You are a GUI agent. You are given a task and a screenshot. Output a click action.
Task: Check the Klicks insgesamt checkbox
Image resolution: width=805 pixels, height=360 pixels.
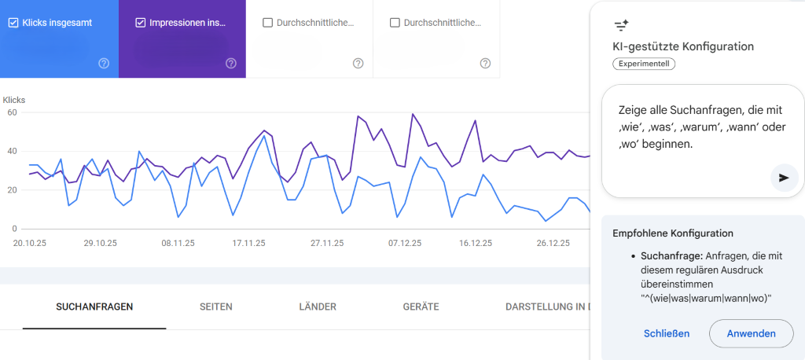pos(13,23)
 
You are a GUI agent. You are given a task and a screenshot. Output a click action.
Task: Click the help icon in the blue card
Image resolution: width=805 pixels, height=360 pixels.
pos(104,63)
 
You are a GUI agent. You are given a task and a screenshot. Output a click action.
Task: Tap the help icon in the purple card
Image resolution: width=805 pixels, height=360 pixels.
pos(231,63)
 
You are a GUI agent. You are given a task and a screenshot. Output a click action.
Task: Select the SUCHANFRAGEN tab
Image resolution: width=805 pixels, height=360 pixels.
pos(94,307)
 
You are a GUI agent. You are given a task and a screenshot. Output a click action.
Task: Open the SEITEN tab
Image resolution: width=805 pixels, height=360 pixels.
pos(216,307)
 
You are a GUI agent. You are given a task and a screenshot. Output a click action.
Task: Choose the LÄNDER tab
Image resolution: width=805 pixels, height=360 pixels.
pos(318,307)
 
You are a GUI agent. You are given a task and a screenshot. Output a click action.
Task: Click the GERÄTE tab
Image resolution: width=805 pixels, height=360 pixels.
pos(421,307)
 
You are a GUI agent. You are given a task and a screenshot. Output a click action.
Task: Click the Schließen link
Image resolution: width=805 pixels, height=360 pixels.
pos(667,333)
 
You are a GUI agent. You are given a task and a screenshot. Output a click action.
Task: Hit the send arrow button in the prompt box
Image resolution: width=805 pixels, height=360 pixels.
pos(784,178)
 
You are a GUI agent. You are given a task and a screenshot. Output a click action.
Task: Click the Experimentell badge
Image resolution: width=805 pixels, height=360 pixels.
pos(643,64)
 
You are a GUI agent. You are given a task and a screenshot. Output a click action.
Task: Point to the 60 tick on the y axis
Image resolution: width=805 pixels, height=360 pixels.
pos(12,112)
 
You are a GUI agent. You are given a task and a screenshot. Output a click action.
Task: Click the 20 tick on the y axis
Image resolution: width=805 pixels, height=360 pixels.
pos(12,190)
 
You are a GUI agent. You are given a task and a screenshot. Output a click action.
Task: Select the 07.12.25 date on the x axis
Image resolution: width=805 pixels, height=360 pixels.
pos(404,244)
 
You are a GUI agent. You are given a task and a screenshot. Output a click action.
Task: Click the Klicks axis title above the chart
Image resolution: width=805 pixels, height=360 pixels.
pos(15,101)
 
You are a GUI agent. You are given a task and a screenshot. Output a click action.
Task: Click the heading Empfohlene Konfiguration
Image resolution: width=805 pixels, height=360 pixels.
pos(672,233)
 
